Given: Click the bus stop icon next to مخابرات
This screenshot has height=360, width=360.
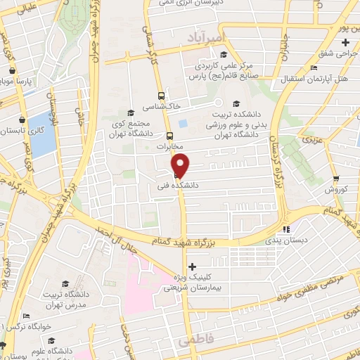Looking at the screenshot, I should click(169, 136).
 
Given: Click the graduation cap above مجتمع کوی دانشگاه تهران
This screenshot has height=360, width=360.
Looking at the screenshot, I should click(129, 112).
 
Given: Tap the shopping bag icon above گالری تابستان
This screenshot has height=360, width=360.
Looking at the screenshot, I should click(22, 120).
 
